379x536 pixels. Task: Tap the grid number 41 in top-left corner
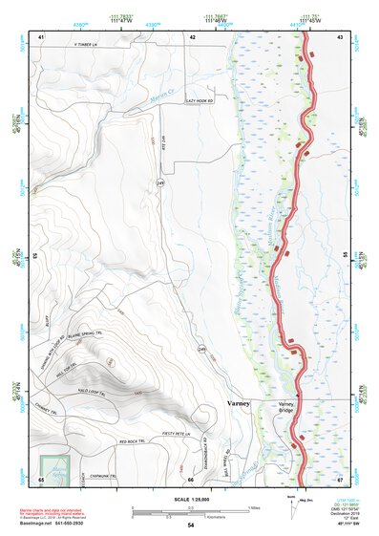pyautogui.click(x=41, y=36)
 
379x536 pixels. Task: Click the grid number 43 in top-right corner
pyautogui.click(x=340, y=36)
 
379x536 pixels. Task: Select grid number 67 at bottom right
pyautogui.click(x=340, y=478)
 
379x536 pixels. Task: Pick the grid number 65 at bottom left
pyautogui.click(x=41, y=478)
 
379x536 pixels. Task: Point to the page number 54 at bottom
pyautogui.click(x=191, y=525)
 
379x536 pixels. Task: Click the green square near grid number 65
pyautogui.click(x=57, y=467)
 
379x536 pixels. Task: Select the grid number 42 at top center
pyautogui.click(x=192, y=36)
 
